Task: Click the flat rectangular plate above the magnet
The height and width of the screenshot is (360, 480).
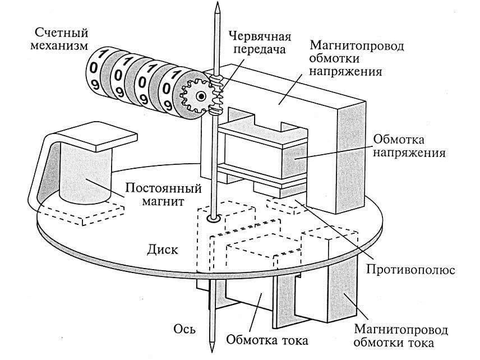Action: [x=98, y=137]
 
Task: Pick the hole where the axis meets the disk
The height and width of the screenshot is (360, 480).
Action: [x=213, y=218]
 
